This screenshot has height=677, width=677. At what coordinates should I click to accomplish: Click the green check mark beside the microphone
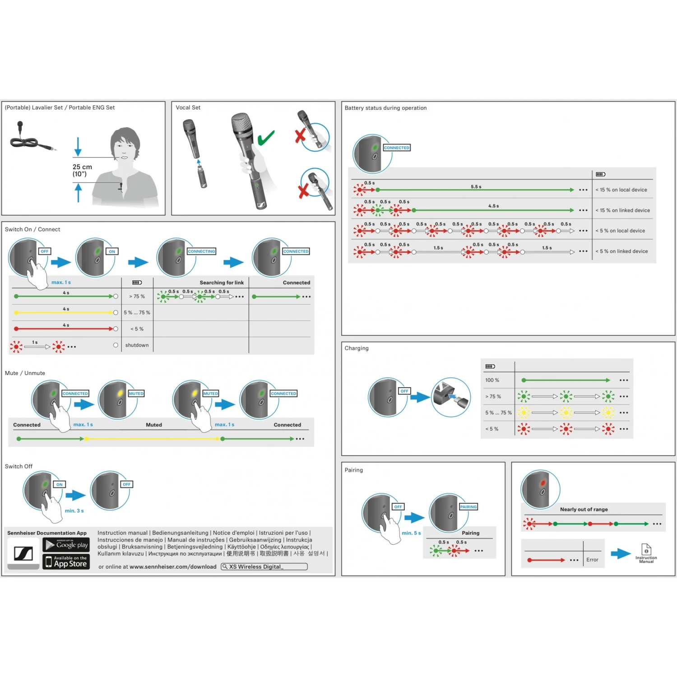(x=266, y=138)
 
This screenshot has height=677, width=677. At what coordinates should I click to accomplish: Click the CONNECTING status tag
(x=201, y=251)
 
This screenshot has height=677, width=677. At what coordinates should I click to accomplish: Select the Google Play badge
(x=66, y=545)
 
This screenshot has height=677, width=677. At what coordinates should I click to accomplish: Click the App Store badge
(x=66, y=561)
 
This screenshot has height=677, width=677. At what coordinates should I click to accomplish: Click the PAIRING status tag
(x=468, y=507)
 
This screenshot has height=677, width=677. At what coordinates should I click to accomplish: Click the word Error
(x=592, y=560)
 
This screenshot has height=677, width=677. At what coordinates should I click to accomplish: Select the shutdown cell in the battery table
(x=137, y=345)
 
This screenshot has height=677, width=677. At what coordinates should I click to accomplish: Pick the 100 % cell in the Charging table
(x=492, y=380)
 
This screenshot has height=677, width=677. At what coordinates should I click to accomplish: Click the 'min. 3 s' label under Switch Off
(x=74, y=511)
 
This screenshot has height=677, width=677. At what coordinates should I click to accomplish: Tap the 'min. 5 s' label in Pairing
(x=411, y=533)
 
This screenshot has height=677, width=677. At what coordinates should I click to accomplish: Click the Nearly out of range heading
(x=584, y=509)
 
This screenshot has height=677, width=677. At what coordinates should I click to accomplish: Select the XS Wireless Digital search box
(x=264, y=566)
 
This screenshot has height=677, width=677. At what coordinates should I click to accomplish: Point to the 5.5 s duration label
(x=476, y=186)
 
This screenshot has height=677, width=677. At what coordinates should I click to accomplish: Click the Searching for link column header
(x=222, y=283)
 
